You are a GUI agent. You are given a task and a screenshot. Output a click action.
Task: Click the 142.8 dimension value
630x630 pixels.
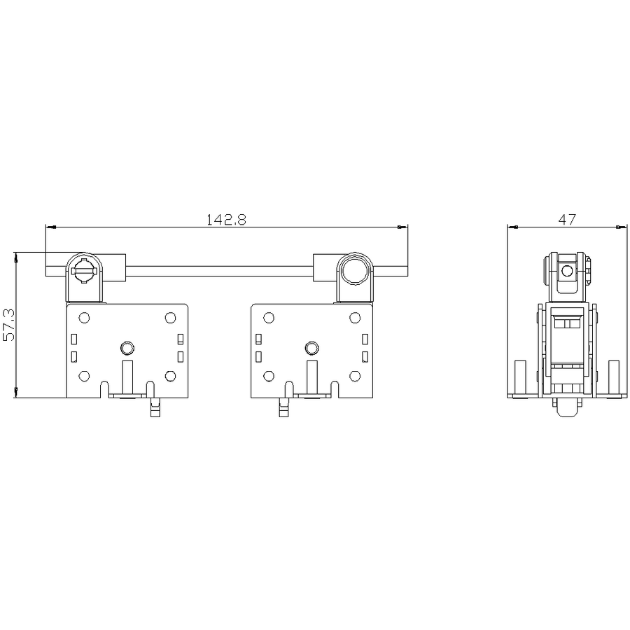click(x=226, y=219)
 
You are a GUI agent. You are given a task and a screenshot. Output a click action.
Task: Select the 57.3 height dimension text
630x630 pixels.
click(x=8, y=325)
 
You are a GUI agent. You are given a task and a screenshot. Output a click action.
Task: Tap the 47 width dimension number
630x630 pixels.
click(x=567, y=219)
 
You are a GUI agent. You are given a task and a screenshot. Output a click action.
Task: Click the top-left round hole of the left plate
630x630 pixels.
click(x=84, y=318)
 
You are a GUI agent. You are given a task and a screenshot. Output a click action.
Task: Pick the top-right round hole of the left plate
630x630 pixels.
click(x=170, y=318)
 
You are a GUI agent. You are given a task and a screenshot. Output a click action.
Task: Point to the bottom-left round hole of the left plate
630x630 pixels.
click(x=84, y=376)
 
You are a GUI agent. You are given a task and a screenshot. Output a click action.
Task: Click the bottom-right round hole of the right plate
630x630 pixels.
click(x=355, y=376)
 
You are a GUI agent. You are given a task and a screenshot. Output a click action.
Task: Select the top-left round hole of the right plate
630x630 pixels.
click(x=269, y=318)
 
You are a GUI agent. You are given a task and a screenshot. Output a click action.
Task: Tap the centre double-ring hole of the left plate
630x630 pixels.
click(x=127, y=348)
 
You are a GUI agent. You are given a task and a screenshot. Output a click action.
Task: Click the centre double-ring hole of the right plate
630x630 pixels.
click(x=311, y=348)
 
